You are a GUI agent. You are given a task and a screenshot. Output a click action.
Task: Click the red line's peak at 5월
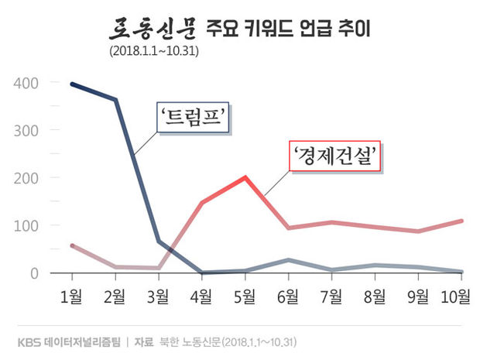point(245,177)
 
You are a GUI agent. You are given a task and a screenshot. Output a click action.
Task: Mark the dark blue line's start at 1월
point(72,84)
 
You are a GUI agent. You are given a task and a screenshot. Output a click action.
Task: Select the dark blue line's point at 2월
point(115,99)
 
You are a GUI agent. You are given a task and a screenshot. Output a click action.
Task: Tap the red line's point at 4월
point(202,203)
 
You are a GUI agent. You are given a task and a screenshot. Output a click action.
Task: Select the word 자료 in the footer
point(145,341)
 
